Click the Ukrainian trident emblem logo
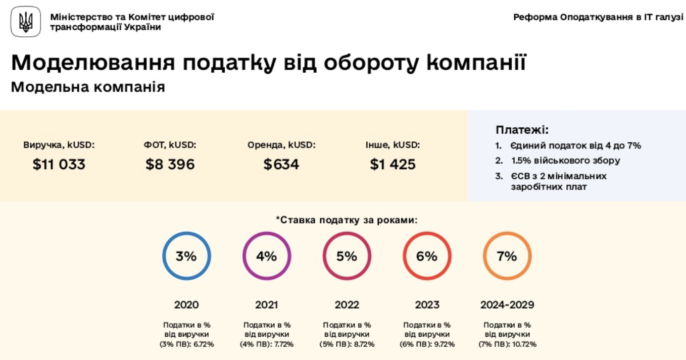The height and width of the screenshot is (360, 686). click(26, 22)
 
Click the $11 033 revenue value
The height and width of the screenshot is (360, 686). click(59, 165)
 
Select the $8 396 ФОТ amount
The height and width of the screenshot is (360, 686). click(170, 165)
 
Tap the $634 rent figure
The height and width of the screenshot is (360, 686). click(281, 165)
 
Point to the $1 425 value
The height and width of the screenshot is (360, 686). click(393, 165)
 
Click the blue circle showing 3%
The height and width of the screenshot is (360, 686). click(186, 256)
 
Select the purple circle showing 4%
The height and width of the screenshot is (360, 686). click(267, 256)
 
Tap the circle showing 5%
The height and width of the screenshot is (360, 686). click(347, 256)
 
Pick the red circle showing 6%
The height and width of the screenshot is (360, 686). click(427, 256)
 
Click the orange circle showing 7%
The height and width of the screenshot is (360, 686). click(507, 256)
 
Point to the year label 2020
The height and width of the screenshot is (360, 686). click(186, 305)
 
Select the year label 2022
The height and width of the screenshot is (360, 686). click(347, 305)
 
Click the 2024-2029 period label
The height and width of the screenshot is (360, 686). click(507, 305)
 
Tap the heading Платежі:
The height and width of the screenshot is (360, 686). click(522, 130)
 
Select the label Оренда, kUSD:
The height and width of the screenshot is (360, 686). click(281, 145)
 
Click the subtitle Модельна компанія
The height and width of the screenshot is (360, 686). click(88, 87)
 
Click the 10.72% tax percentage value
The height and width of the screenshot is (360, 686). click(523, 344)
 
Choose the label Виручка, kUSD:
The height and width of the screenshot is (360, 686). click(59, 145)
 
